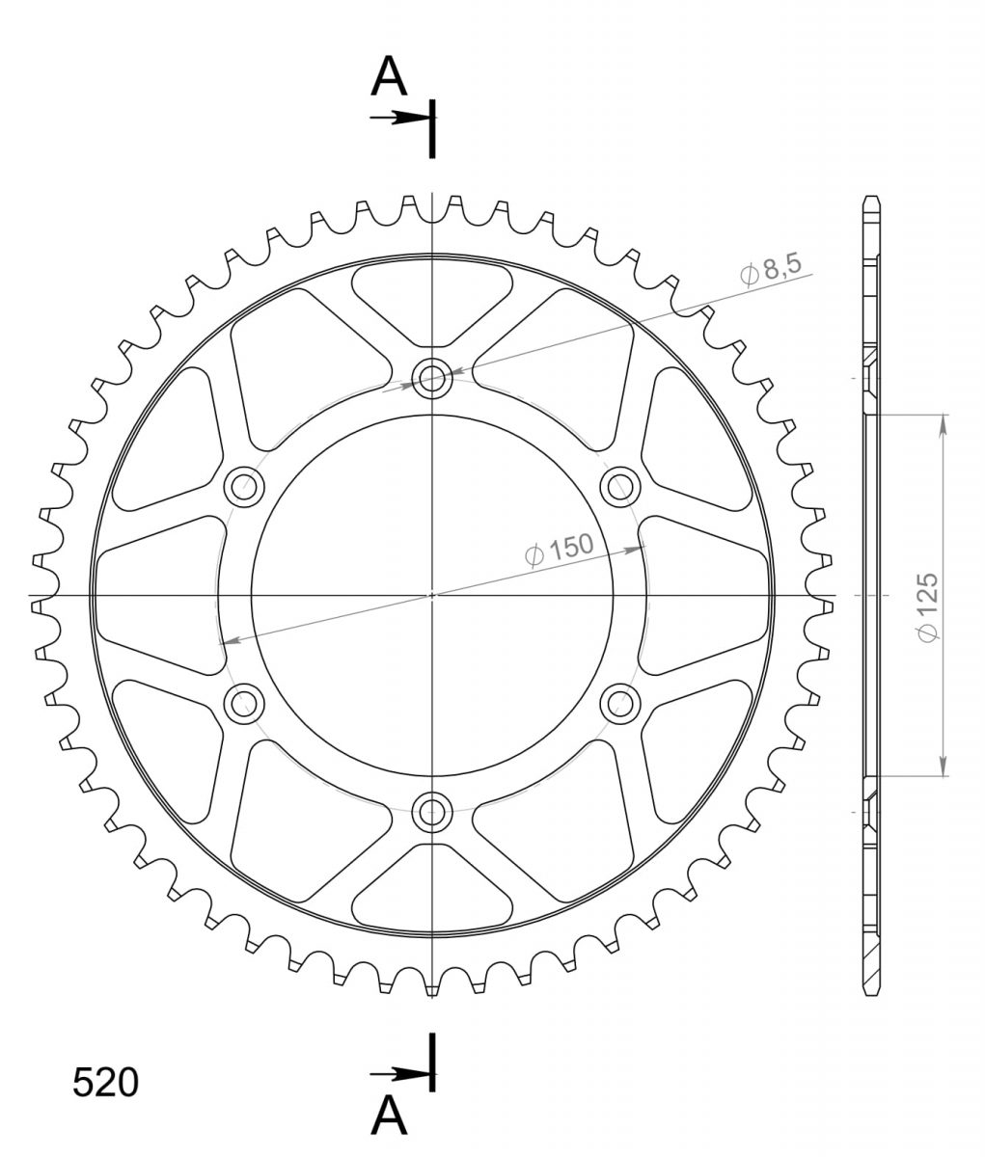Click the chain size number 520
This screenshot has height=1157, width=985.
pos(105,1083)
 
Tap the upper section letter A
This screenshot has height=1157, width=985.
pos(389,77)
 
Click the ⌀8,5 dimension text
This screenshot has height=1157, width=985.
pos(771,269)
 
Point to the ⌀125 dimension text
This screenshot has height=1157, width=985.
pos(927,606)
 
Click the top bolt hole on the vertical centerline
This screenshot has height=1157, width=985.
pos(432,379)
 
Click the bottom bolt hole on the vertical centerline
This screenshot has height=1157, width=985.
pos(432,812)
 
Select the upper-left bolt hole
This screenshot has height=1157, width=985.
pos(244,487)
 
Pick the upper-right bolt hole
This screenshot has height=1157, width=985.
pos(620,487)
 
